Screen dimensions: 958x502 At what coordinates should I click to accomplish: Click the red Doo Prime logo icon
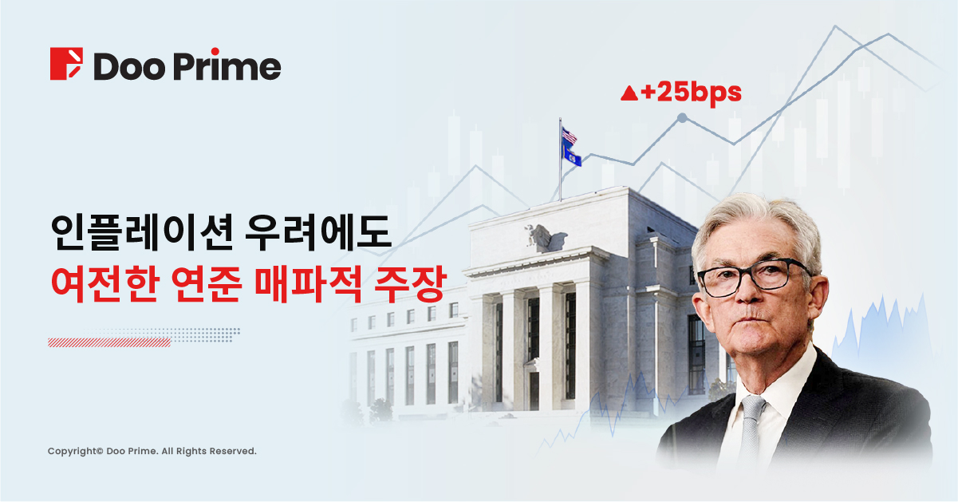pos(66,63)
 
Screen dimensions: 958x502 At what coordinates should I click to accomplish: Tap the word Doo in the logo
pos(129,66)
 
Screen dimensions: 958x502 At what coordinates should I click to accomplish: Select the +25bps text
pos(691,93)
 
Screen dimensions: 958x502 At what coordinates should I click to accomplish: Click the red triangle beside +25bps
pos(629,93)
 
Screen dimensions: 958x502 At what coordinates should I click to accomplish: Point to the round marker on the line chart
pos(683,117)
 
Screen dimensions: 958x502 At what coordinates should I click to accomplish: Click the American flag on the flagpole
pos(570,136)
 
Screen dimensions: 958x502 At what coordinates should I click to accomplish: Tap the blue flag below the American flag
pos(572,155)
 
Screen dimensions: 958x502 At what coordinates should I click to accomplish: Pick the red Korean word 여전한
pos(105,283)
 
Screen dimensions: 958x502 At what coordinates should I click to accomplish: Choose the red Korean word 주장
pos(411,283)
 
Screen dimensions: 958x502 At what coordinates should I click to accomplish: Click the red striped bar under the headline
pos(109,342)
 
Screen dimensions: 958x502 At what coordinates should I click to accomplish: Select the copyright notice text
pos(152,451)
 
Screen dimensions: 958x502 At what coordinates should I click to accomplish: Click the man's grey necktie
pos(751,428)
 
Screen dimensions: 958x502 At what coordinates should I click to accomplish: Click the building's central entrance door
pos(534,389)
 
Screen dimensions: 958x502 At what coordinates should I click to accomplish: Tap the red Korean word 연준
pos(207,283)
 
